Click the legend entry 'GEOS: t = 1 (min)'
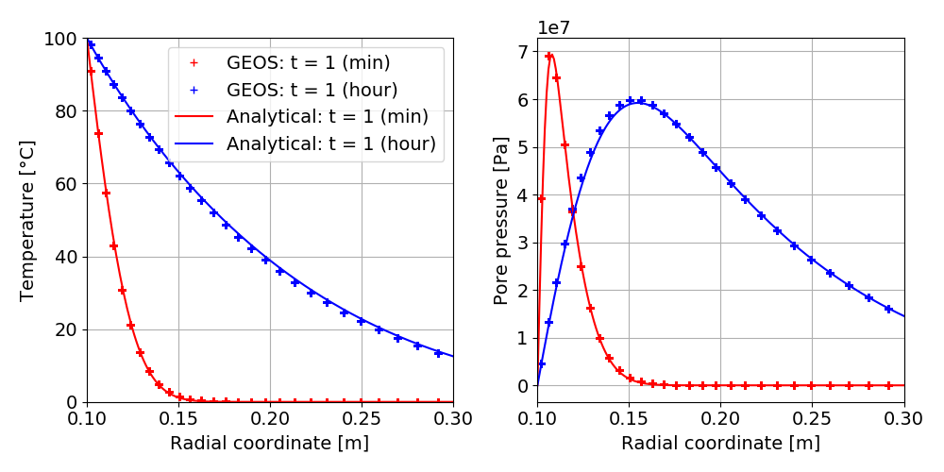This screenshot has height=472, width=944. pos(308,63)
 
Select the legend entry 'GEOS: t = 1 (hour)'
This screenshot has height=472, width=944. pos(312,90)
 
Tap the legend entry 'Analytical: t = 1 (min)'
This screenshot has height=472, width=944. pos(327,117)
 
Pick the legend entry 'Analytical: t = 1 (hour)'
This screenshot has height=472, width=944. pos(330,143)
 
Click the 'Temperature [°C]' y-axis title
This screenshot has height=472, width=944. pos(27,220)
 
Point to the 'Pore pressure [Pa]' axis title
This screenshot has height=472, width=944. pos(501,220)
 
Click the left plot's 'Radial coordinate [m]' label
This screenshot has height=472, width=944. pos(270,443)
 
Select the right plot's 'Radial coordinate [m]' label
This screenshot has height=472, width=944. pos(720,443)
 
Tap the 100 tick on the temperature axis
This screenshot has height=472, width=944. pos(63,39)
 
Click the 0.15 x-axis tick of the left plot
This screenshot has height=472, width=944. pos(179,416)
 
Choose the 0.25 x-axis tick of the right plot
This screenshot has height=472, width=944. pos(813,416)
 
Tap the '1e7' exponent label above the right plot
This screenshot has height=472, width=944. pos(554,27)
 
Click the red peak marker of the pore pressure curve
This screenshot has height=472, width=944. pos(548,57)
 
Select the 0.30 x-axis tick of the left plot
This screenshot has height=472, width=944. pos(453,416)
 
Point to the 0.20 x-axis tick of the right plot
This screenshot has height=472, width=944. pos(721,416)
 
